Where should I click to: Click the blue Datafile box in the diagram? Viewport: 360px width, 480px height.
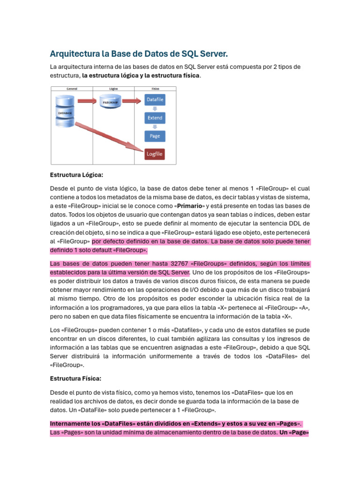point(155,100)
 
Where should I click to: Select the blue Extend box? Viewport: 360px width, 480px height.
point(155,118)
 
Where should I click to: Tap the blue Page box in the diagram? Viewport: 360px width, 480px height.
point(155,136)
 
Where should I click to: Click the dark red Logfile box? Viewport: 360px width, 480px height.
point(155,154)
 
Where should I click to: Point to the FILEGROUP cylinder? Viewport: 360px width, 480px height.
point(111,101)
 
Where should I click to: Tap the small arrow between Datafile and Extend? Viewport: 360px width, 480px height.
point(155,109)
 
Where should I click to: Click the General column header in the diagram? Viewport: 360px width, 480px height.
point(72,88)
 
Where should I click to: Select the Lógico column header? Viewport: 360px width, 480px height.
point(113,88)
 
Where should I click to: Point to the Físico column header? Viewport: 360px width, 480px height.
point(155,88)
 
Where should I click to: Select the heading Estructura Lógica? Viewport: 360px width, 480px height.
point(76,175)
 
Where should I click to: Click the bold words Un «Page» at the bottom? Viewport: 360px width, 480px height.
point(294,432)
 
